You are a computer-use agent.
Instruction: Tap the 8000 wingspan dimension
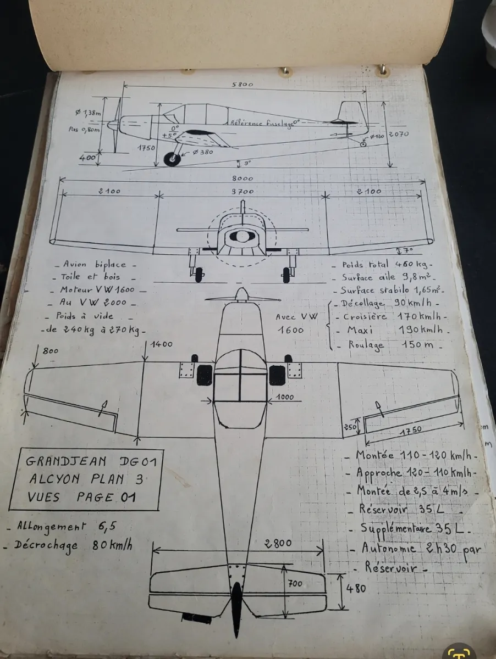[242, 178]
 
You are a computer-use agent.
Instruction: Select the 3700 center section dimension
[242, 192]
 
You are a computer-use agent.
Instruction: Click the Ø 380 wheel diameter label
[201, 152]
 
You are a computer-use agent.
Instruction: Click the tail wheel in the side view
[363, 144]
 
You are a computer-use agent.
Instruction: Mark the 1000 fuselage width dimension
[285, 397]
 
